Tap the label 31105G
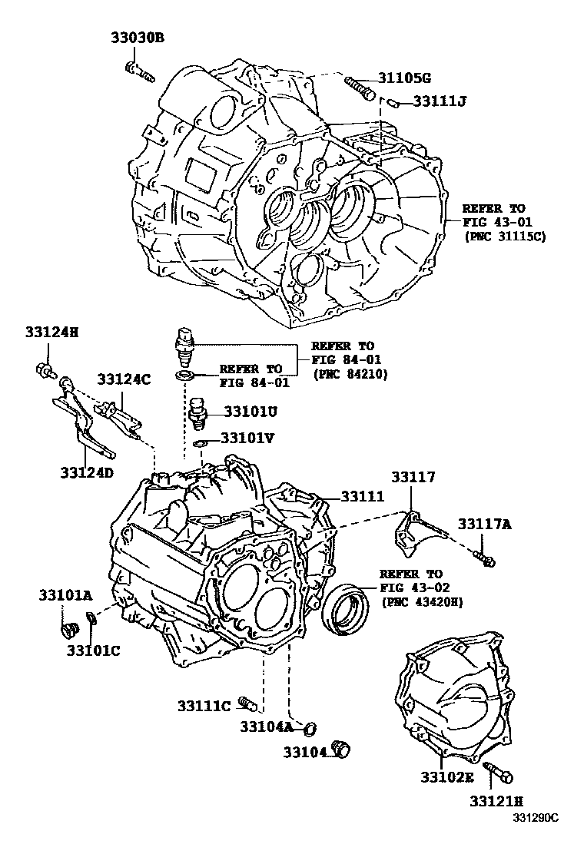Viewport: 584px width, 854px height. click(x=404, y=78)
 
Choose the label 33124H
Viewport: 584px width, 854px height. click(x=51, y=333)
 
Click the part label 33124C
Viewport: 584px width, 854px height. click(x=123, y=379)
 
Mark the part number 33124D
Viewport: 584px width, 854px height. click(x=87, y=472)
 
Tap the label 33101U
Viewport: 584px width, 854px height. click(x=251, y=412)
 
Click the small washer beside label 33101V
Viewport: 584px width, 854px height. click(x=199, y=443)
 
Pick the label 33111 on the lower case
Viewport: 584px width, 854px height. click(x=363, y=497)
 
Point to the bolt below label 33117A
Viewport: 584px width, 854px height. click(x=483, y=558)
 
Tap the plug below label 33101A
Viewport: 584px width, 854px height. click(x=69, y=630)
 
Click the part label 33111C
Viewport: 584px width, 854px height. click(x=204, y=706)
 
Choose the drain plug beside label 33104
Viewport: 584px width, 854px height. click(x=340, y=749)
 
